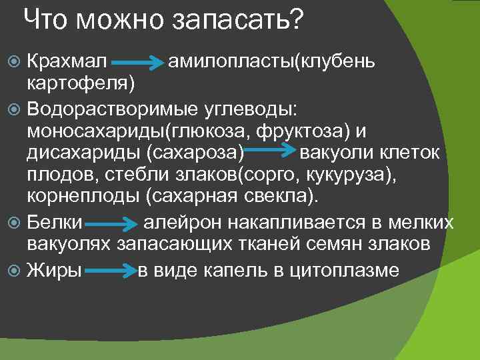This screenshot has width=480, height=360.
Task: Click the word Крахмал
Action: (67, 62)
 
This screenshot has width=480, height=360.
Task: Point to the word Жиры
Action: (54, 270)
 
